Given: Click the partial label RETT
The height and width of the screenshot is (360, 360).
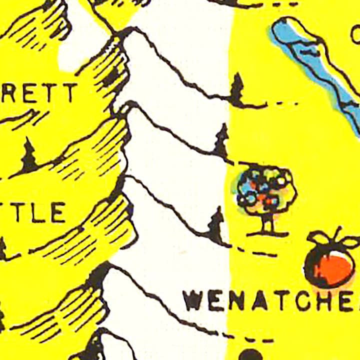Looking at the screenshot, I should (39, 93).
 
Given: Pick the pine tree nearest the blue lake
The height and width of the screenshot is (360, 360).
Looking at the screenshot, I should (237, 90).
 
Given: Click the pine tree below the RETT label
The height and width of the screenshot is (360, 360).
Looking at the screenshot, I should (28, 156).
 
